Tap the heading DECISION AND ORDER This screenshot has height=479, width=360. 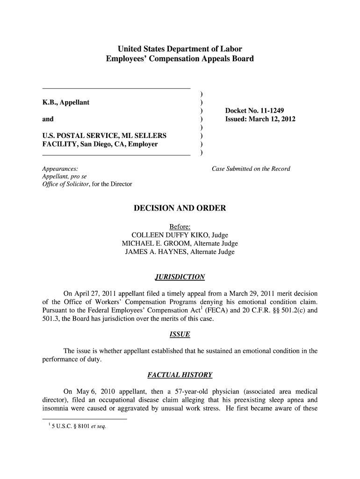[180, 208]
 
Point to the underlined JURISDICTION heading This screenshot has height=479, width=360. [180, 277]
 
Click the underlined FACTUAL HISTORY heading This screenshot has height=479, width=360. [180, 375]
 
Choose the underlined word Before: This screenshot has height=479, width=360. [180, 227]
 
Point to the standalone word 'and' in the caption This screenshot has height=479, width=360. [48, 119]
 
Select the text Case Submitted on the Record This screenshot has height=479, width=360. [251, 169]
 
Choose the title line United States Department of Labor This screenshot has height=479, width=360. [180, 49]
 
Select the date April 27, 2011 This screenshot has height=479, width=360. [96, 293]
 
